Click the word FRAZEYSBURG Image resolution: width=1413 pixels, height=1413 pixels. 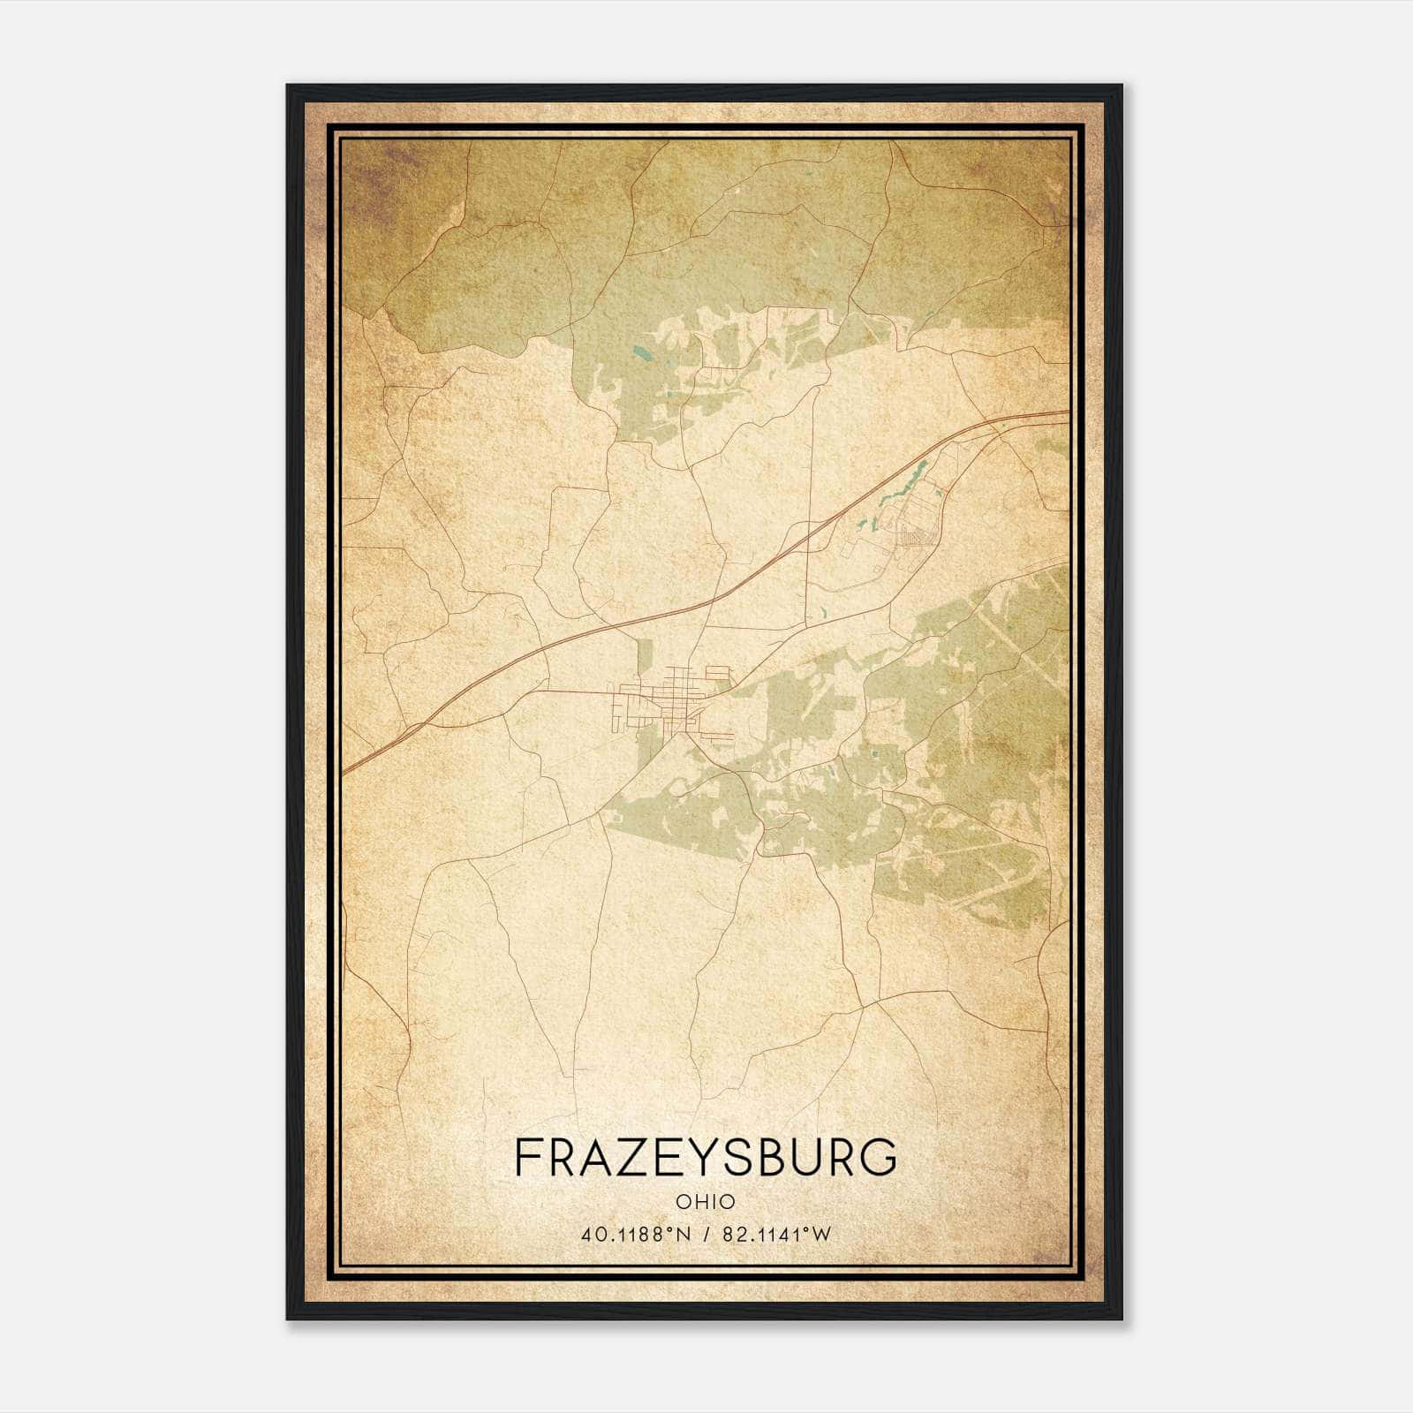(x=705, y=1157)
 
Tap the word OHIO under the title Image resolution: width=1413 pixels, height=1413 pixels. (x=705, y=1201)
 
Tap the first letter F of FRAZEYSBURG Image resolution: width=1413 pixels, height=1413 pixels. (x=526, y=1157)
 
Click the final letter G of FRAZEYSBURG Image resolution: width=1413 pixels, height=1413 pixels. (x=880, y=1157)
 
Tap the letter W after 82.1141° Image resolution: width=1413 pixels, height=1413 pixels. (x=822, y=1235)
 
